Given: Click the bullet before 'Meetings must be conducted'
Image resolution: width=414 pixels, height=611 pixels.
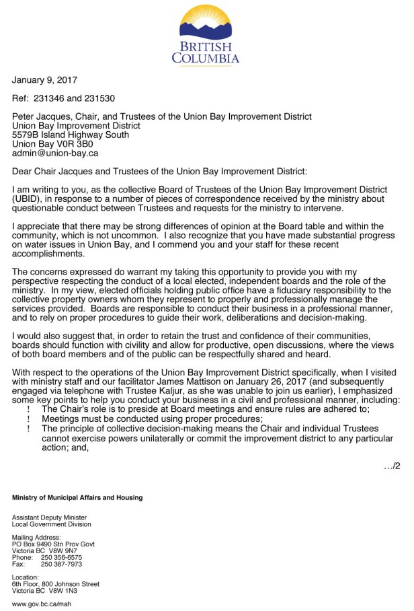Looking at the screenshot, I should pos(28,417).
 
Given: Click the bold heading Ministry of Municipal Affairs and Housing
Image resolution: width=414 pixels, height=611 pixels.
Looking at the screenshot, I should pos(77,498).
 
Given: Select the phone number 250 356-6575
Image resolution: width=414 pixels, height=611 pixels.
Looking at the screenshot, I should pos(62,558).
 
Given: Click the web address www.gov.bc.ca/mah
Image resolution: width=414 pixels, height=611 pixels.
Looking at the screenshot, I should pos(42,604).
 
